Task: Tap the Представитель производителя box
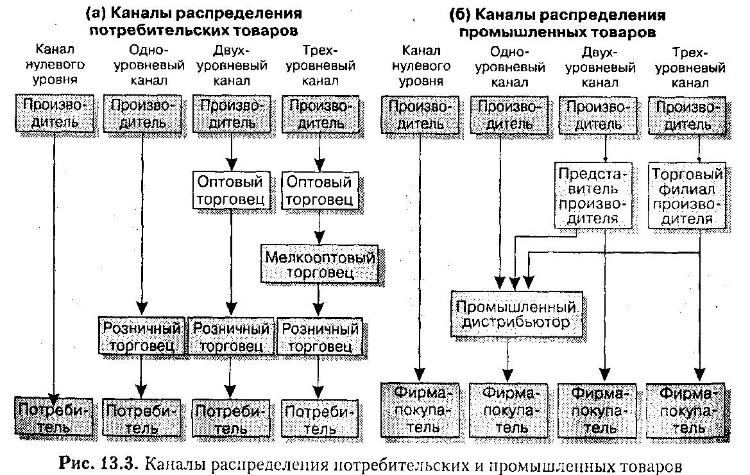tap(594, 196)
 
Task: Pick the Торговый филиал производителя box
tap(686, 196)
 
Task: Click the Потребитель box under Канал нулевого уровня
tap(54, 417)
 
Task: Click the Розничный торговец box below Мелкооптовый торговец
tap(319, 336)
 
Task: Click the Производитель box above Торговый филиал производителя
tap(687, 114)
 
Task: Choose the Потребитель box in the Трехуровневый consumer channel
tap(320, 418)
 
